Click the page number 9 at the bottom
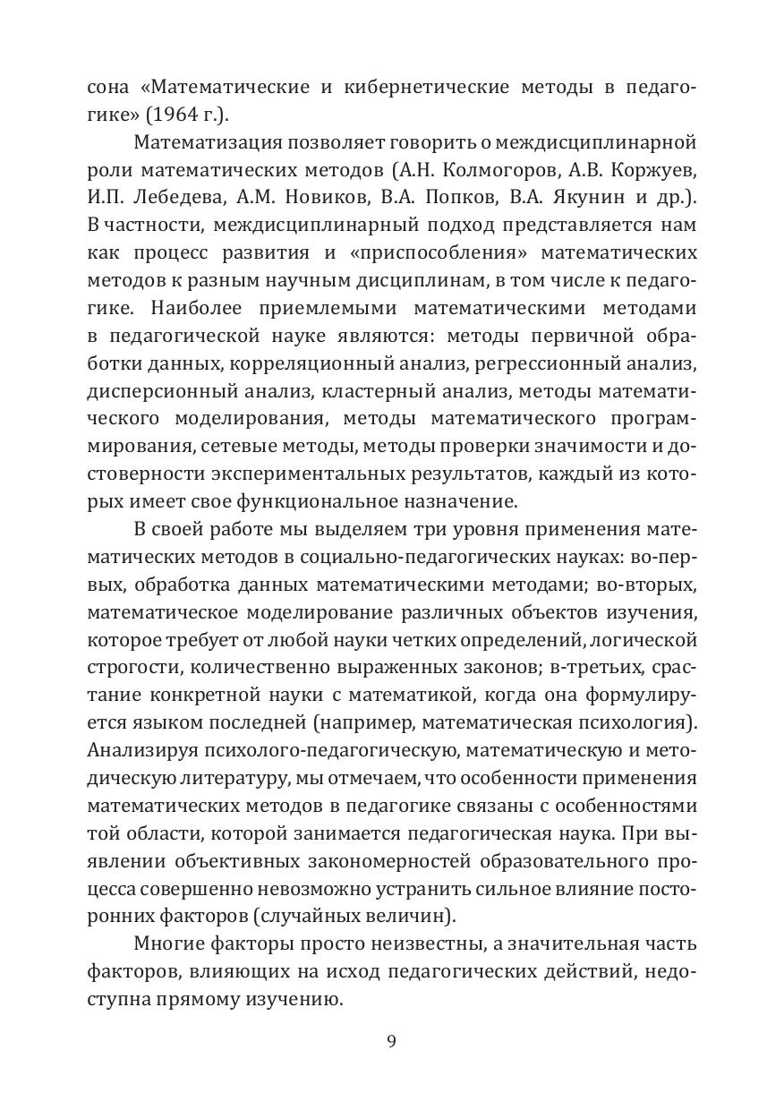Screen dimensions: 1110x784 point(391,1040)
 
